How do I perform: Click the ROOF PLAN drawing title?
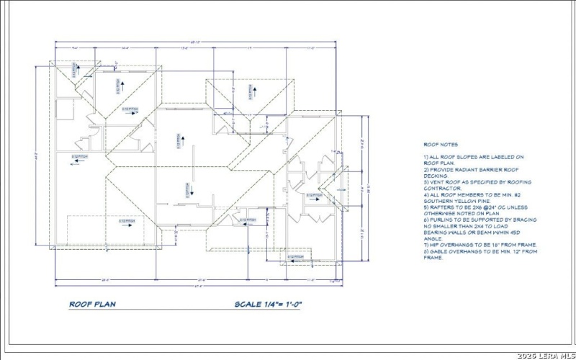(91, 304)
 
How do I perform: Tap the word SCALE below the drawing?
(249, 304)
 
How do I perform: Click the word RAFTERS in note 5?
(443, 207)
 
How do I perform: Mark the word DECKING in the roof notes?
(436, 176)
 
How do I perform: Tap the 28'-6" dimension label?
(106, 279)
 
